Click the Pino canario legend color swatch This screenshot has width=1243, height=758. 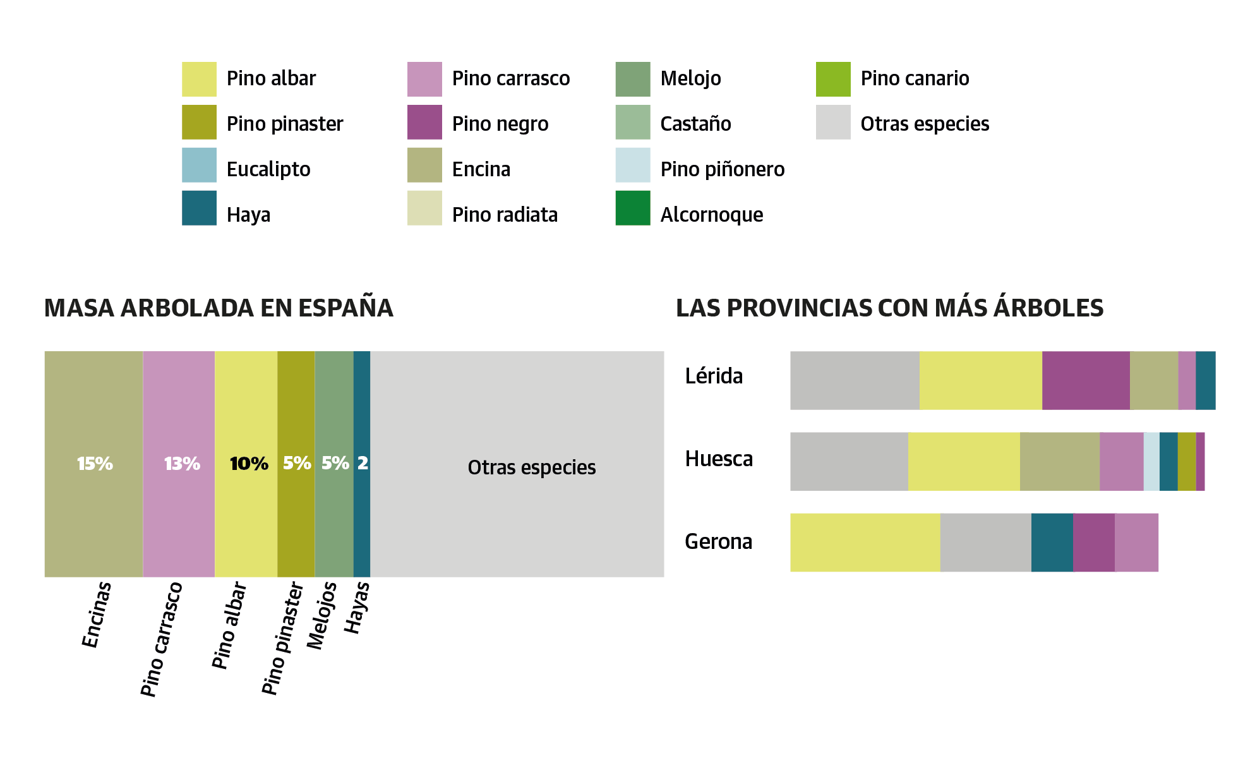tap(832, 79)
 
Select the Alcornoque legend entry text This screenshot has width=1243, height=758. tap(711, 215)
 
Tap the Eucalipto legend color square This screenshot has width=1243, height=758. tap(199, 165)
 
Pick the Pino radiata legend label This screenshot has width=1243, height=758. tap(505, 215)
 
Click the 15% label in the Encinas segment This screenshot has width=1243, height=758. tap(95, 464)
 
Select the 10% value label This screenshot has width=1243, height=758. tap(249, 464)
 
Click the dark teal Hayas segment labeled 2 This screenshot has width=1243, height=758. tap(362, 464)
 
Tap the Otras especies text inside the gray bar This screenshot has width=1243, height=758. tap(531, 467)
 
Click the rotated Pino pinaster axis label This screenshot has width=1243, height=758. tap(283, 638)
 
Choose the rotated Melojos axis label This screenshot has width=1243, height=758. tap(321, 616)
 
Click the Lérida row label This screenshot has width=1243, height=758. tap(714, 376)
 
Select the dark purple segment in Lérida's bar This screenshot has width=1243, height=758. tap(1085, 380)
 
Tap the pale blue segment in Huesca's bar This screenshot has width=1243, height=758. tap(1151, 461)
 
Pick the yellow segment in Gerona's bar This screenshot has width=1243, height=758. tap(864, 542)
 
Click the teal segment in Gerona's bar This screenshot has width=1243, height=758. tap(1052, 542)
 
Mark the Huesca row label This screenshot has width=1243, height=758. tap(719, 459)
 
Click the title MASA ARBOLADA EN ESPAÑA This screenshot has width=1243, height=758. tap(219, 308)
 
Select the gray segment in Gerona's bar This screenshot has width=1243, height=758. tap(985, 542)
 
